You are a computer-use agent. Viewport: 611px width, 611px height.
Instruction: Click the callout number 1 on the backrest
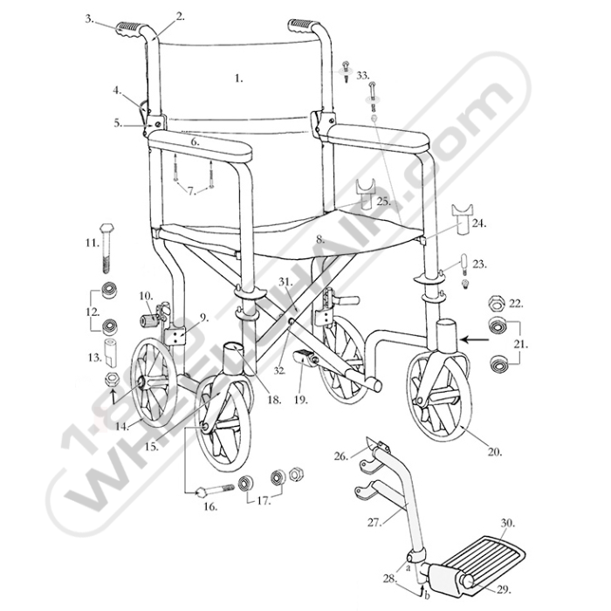239,79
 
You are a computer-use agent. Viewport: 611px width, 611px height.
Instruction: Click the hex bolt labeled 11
106,248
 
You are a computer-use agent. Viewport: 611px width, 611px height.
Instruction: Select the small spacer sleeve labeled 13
111,353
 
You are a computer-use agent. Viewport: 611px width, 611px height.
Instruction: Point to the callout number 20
494,452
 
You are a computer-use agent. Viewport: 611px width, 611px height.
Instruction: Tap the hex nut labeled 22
497,303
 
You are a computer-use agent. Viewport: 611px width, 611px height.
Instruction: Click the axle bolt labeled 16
216,491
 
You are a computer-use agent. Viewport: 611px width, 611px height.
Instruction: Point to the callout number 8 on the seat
320,240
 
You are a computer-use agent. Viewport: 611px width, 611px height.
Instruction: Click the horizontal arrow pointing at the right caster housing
475,340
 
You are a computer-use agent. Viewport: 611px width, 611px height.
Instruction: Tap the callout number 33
363,76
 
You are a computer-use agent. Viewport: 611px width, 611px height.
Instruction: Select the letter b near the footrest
427,596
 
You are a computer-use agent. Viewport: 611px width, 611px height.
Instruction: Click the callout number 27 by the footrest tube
374,522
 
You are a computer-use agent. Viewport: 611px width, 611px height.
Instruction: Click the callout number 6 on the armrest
196,141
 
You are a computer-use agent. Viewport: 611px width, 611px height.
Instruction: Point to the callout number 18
274,400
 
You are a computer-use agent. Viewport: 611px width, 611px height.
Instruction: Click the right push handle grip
301,26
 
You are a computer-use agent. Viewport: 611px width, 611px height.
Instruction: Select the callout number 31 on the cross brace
285,281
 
